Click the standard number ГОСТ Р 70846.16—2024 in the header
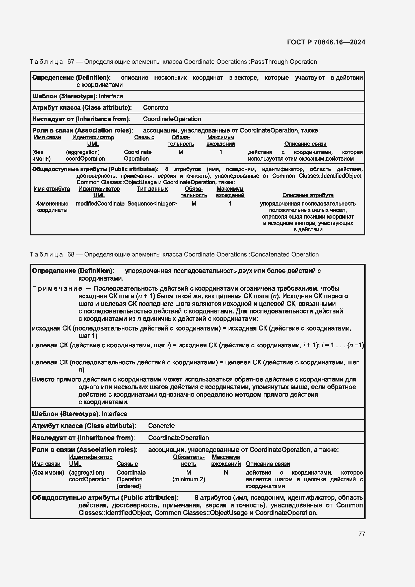tap(326, 42)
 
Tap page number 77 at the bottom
tap(362, 534)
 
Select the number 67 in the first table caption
tap(71, 62)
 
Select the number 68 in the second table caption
tap(71, 254)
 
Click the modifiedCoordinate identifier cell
tap(100, 204)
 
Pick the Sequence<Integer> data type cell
tap(152, 204)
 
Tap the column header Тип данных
tap(152, 189)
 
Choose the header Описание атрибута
tap(308, 195)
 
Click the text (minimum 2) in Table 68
tap(189, 479)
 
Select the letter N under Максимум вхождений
tap(226, 473)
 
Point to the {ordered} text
tap(129, 486)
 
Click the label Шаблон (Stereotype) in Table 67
tap(64, 96)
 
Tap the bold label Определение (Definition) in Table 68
tap(73, 271)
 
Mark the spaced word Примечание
tap(57, 288)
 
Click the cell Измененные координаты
tap(52, 207)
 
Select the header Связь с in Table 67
tap(144, 137)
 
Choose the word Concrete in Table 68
tap(161, 426)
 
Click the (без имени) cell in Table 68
tap(48, 473)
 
